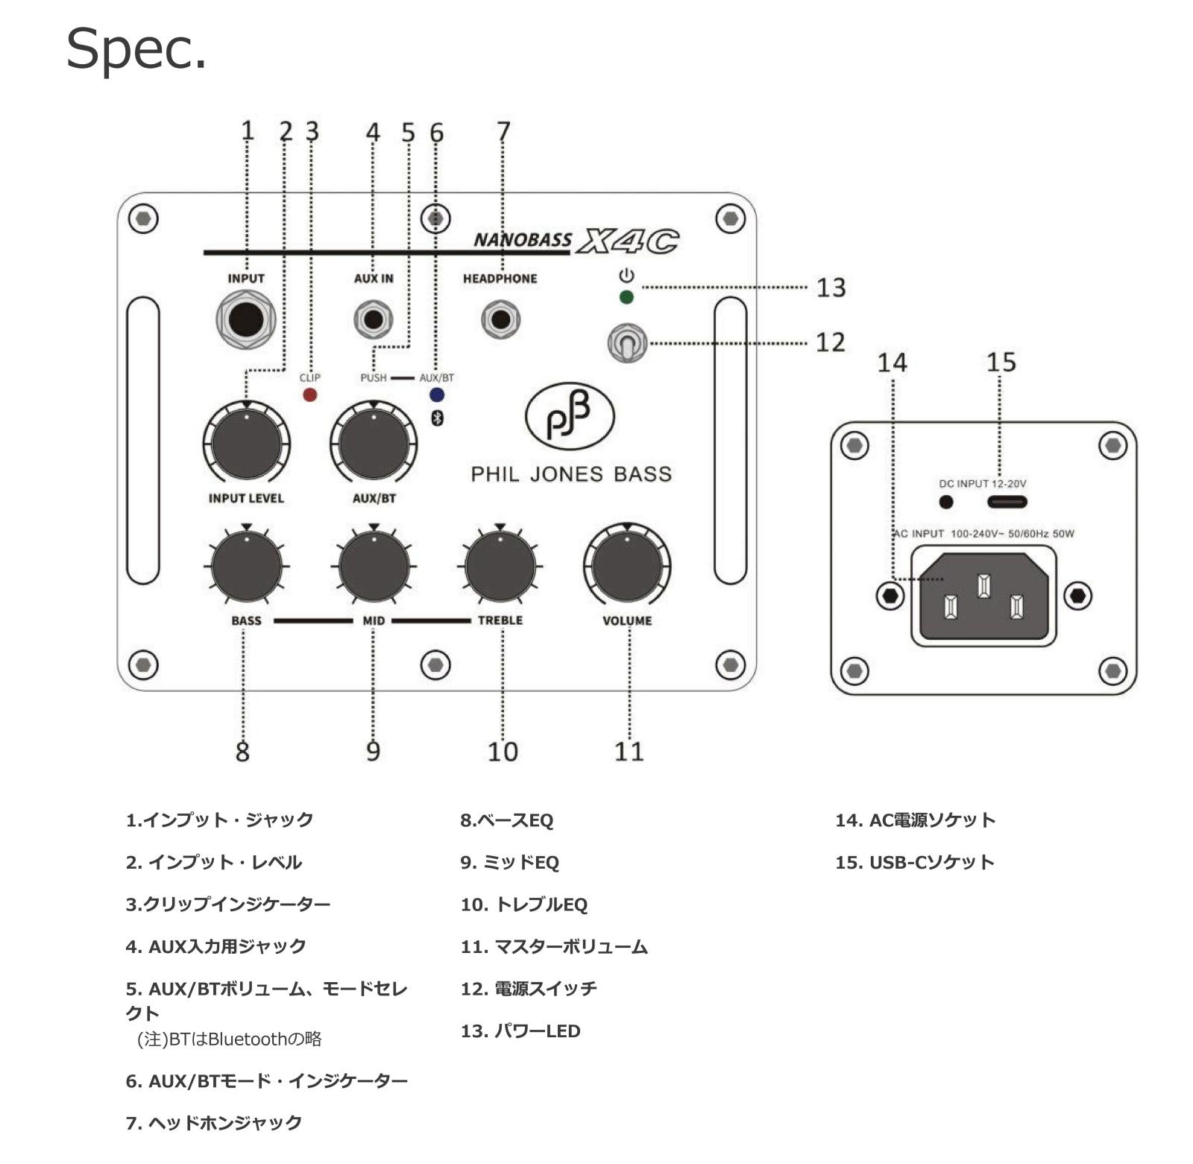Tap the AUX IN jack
click(373, 320)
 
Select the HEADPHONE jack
click(500, 320)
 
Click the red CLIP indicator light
click(309, 394)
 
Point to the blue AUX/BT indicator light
click(437, 394)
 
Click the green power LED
click(626, 298)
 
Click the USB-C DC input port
click(1007, 502)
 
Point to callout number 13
click(831, 288)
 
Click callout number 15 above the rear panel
click(1001, 362)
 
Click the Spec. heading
click(136, 49)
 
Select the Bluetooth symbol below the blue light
click(438, 418)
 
